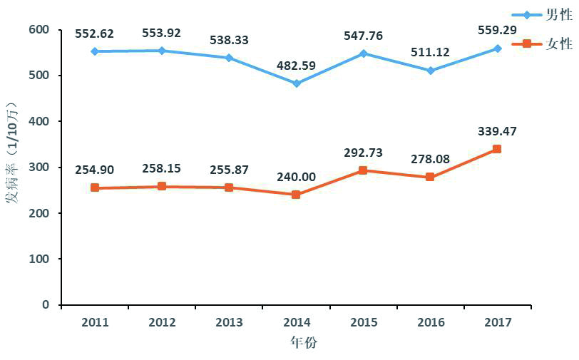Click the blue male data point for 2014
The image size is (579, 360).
click(297, 83)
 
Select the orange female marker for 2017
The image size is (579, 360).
click(497, 149)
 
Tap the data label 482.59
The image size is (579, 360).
click(297, 66)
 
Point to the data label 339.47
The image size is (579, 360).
click(497, 131)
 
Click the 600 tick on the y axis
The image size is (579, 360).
click(39, 29)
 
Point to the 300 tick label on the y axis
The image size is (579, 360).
click(39, 167)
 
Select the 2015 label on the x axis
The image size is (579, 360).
click(364, 322)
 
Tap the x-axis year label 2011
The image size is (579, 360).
click(95, 322)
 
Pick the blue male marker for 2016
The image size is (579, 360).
click(431, 71)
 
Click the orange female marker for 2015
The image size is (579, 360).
click(364, 170)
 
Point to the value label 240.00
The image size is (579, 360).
click(297, 178)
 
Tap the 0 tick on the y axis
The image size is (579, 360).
click(46, 304)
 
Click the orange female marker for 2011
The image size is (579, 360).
click(95, 188)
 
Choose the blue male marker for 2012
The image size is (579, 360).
click(162, 51)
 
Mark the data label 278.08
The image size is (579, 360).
click(431, 160)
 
